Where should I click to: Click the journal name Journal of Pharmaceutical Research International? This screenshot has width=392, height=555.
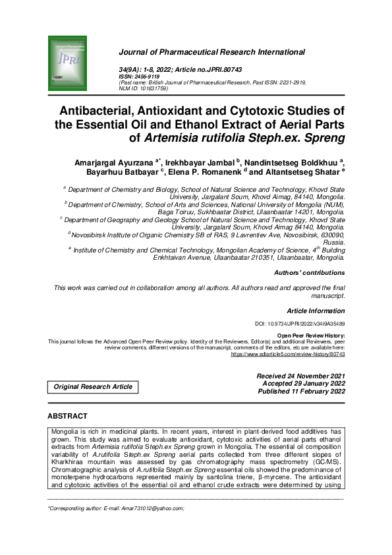(x=211, y=52)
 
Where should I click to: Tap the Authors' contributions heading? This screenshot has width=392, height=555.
(x=308, y=272)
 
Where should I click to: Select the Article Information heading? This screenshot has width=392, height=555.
(x=316, y=310)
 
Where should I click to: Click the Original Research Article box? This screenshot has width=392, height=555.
(x=94, y=387)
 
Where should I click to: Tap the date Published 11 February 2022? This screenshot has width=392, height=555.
(x=301, y=391)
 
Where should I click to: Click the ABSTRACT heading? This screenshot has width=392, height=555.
(x=67, y=416)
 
